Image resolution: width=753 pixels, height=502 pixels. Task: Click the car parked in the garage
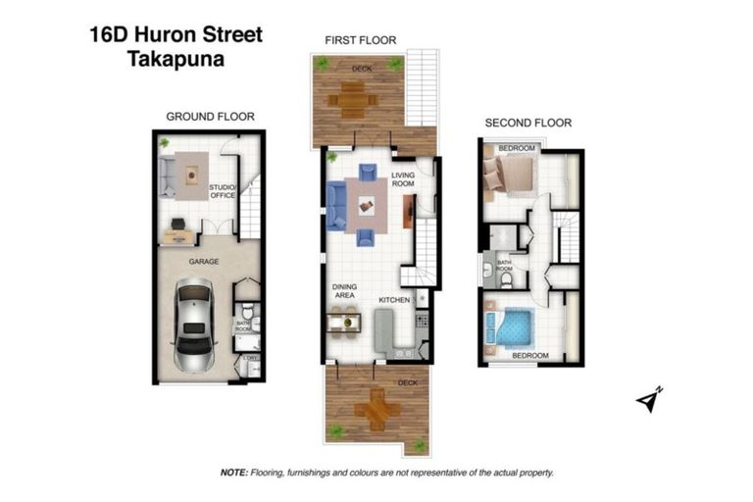(x=195, y=326)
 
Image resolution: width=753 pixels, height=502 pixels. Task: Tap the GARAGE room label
(x=203, y=262)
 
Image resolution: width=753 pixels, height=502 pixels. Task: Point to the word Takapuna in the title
(x=174, y=58)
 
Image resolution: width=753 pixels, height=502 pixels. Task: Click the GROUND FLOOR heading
(x=210, y=117)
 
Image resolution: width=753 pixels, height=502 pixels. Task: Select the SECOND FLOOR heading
(x=528, y=123)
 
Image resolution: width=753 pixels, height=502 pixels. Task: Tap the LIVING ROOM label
(x=404, y=178)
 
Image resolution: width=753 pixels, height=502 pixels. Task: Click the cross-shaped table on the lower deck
(x=376, y=412)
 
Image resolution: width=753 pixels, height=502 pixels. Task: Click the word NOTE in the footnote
(x=234, y=473)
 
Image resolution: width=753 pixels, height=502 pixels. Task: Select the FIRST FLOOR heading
(x=360, y=40)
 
